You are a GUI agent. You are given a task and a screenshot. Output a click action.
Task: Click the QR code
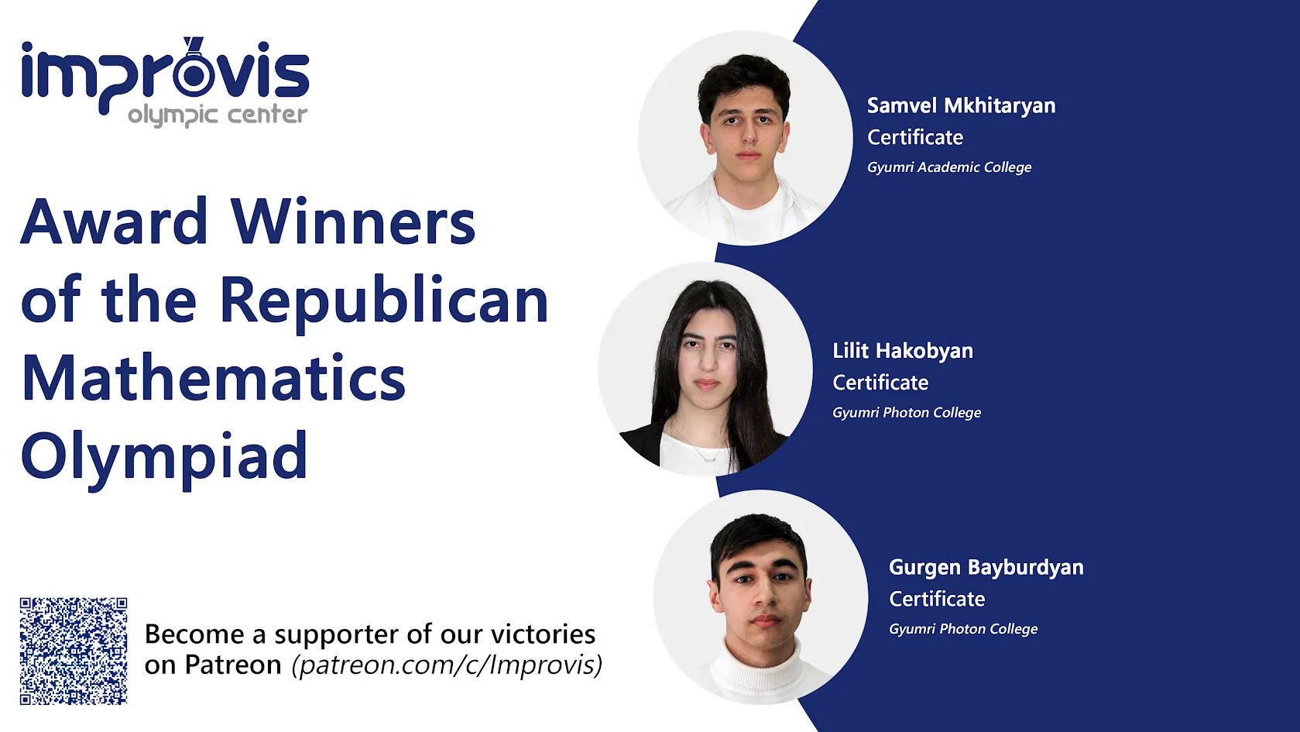[x=74, y=651]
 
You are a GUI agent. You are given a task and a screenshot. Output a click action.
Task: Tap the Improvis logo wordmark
[x=165, y=74]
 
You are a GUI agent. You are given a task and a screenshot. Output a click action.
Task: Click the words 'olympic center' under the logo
[x=218, y=115]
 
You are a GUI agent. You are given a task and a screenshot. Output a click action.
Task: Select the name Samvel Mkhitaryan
[x=961, y=105]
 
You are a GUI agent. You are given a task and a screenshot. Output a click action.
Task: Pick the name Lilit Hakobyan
[x=903, y=351]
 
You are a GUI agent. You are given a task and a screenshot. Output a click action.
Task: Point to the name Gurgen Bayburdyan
[x=986, y=567]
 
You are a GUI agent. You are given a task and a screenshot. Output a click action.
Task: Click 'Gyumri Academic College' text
[x=949, y=167]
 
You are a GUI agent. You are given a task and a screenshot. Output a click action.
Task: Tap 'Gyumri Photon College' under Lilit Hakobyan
[x=907, y=413]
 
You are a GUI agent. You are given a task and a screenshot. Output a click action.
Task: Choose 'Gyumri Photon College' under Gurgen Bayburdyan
[x=963, y=629]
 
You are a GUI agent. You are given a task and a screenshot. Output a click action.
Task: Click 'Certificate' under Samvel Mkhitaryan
[x=915, y=137]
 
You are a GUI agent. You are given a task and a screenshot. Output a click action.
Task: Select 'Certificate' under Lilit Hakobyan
[x=880, y=383]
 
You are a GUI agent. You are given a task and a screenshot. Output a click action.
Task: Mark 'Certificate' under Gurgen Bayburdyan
[x=937, y=599]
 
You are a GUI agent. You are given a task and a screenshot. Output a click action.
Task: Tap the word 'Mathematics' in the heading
[x=214, y=379]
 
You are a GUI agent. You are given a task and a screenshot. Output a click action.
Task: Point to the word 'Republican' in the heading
[x=384, y=301]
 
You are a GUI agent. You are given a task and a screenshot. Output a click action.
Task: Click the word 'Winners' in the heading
[x=353, y=222]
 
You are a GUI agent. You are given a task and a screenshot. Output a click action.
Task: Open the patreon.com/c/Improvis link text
[x=447, y=665]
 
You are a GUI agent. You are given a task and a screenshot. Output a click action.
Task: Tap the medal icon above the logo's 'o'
[x=193, y=45]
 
